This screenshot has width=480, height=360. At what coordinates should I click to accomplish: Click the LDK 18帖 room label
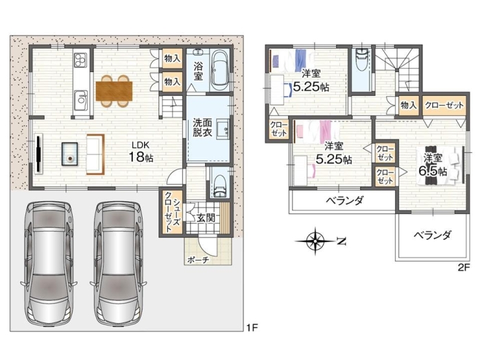click(141, 152)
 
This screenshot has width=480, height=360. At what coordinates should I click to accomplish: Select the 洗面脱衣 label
click(202, 128)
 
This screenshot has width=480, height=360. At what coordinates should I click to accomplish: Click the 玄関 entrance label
click(206, 217)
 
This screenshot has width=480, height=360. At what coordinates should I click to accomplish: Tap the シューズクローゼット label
click(171, 213)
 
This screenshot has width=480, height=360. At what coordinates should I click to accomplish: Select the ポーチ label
click(197, 260)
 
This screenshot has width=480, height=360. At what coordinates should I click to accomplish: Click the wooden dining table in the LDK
click(114, 91)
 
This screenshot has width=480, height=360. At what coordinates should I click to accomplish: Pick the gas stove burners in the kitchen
click(81, 60)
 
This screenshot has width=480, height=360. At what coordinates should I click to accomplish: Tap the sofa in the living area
click(95, 154)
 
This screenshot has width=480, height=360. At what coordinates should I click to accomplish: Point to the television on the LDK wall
click(39, 154)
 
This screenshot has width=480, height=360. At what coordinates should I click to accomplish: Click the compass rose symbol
click(315, 241)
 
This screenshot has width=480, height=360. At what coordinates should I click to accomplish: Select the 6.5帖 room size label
click(433, 171)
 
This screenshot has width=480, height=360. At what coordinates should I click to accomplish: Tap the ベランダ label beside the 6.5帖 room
click(432, 235)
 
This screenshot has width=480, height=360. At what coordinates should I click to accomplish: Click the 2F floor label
click(464, 268)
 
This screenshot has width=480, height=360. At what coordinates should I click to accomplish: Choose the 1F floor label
click(252, 328)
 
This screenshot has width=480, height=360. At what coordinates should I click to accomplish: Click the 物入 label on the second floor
click(409, 106)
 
